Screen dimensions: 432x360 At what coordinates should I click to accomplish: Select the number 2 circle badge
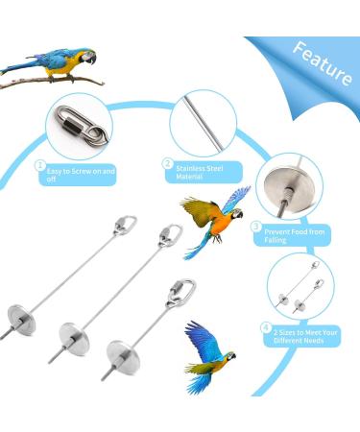coord(168,164)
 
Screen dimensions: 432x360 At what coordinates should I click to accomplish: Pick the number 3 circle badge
coord(255,227)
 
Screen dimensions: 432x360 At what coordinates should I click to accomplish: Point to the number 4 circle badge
coord(265,326)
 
